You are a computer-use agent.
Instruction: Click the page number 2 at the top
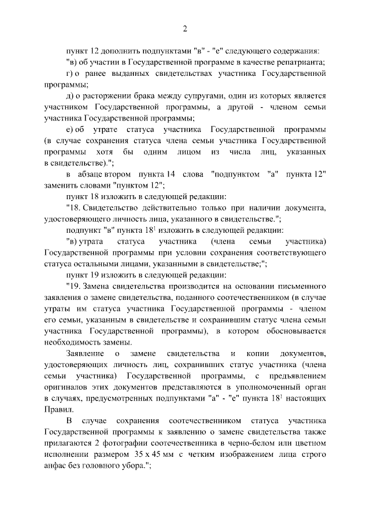click(185, 28)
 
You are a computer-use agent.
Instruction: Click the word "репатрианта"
click(299, 62)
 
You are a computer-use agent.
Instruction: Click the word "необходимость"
click(74, 341)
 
